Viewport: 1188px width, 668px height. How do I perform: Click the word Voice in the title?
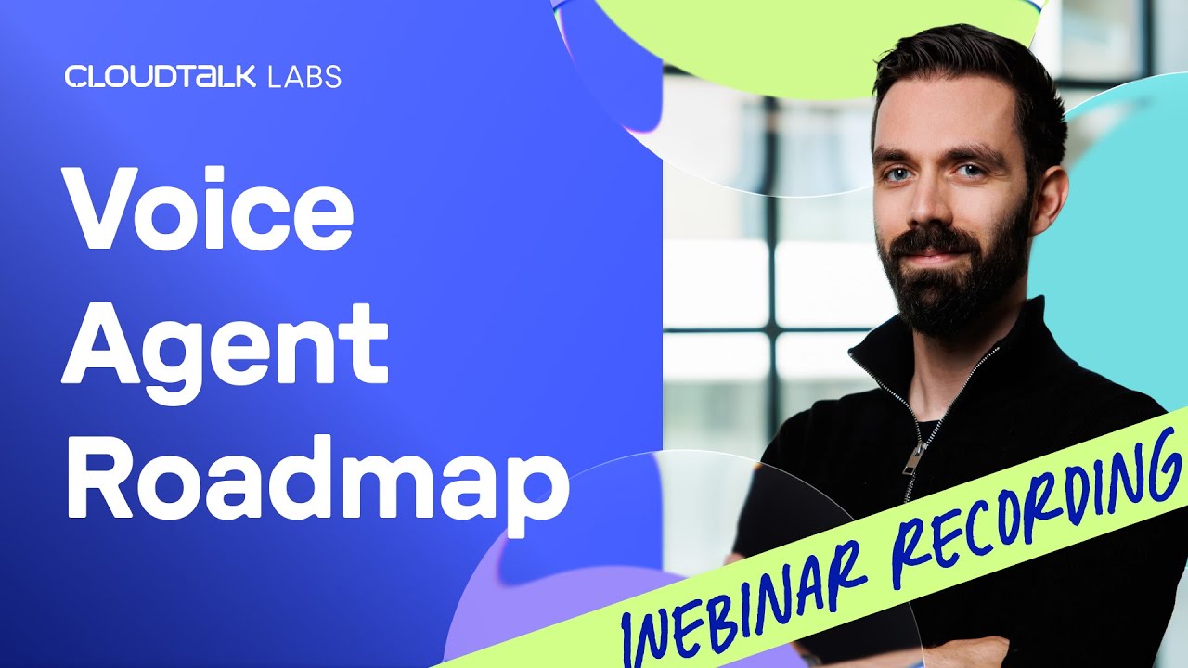coord(209,209)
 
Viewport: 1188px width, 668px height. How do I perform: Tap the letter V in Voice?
coord(106,209)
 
